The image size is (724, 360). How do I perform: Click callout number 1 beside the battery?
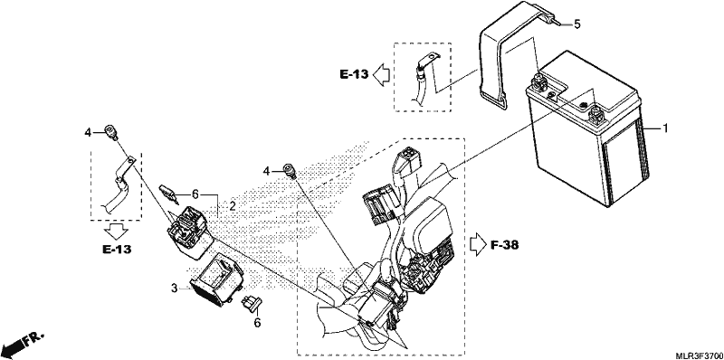click(x=665, y=128)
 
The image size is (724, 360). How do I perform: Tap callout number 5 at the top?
click(x=577, y=24)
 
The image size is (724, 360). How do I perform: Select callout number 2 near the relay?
click(x=233, y=206)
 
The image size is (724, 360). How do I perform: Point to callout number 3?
click(x=174, y=289)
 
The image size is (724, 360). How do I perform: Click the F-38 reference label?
click(x=504, y=244)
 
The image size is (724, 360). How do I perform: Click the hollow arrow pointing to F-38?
click(x=477, y=244)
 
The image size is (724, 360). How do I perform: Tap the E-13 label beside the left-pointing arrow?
click(x=354, y=74)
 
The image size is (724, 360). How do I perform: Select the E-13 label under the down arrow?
click(x=117, y=250)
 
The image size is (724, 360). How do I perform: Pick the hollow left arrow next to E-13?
click(x=381, y=74)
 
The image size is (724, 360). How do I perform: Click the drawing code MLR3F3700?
click(x=699, y=355)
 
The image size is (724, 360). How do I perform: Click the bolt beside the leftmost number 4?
click(x=110, y=131)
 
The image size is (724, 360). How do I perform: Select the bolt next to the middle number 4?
click(x=290, y=171)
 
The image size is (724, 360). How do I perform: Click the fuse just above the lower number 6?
click(x=252, y=303)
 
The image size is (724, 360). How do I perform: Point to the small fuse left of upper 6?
click(x=169, y=193)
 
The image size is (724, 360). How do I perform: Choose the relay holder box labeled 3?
click(x=217, y=281)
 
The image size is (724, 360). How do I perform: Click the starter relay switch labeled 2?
click(x=188, y=230)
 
